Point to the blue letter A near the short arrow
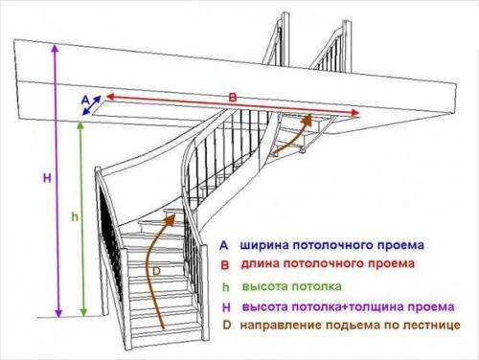tap(84, 98)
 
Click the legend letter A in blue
tap(224, 245)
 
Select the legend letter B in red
tap(224, 263)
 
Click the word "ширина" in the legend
tap(264, 245)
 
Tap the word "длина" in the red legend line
tap(261, 263)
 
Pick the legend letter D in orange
tap(225, 326)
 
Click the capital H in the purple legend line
tap(225, 306)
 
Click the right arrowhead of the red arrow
tap(356, 113)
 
